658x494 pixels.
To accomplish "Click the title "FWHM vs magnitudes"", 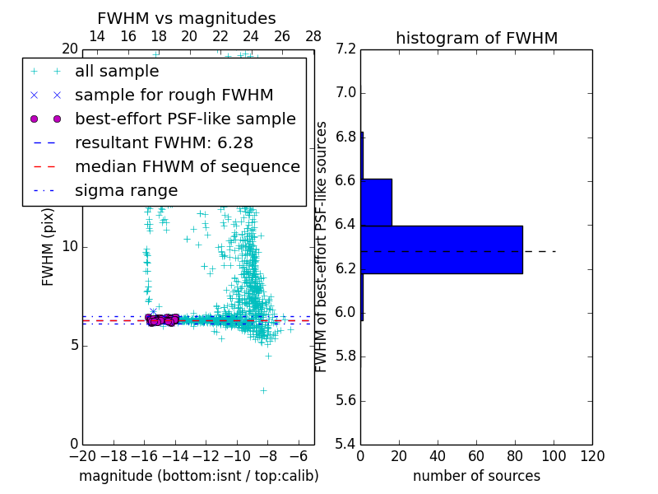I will tap(187, 19).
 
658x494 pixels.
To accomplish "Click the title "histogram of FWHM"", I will tap(476, 38).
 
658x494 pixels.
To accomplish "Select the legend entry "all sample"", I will tap(117, 72).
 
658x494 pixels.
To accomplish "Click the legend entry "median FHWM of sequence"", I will tap(187, 167).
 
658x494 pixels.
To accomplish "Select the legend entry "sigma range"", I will tap(126, 191).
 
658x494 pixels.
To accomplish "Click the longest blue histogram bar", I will tap(442, 249).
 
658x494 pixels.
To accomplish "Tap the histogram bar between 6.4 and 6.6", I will tap(376, 202).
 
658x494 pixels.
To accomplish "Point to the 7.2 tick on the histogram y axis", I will tap(346, 49).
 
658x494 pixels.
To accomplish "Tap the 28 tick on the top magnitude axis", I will tap(313, 36).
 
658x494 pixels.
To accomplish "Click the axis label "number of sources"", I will tap(476, 477).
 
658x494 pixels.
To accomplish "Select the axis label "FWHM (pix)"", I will tap(49, 246).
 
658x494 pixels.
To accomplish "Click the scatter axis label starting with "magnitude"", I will tap(198, 477).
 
